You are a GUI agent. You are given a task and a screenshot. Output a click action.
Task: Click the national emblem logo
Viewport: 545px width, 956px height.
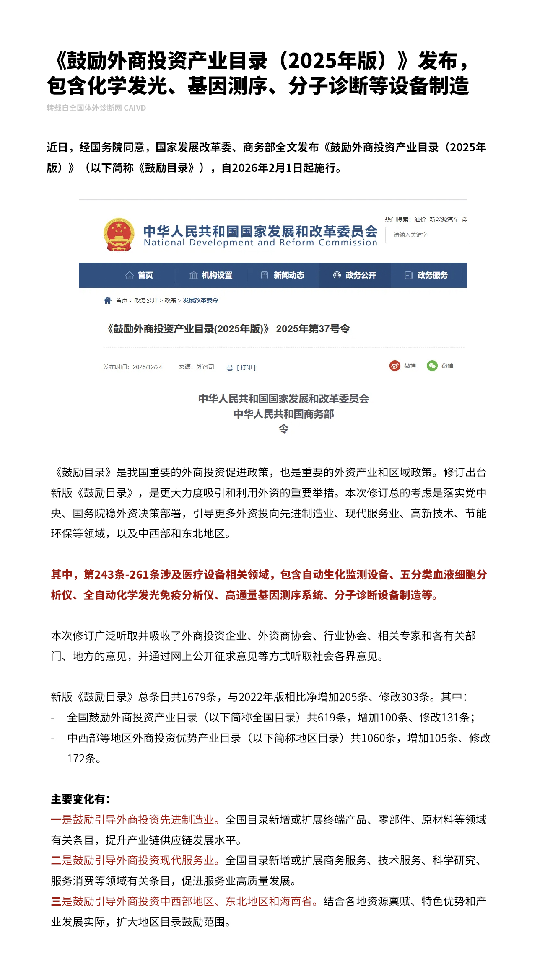click(x=119, y=234)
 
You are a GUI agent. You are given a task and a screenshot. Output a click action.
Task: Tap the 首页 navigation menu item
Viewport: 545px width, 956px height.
click(x=140, y=275)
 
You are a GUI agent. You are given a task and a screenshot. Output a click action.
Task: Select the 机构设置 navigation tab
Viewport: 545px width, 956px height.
click(x=211, y=275)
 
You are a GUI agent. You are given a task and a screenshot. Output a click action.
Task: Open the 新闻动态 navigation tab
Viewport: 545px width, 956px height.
click(x=283, y=275)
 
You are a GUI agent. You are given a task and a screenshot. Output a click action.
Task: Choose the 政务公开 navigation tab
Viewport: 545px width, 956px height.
click(x=355, y=275)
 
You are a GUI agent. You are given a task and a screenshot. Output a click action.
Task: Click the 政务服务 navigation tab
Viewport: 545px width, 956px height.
click(x=426, y=275)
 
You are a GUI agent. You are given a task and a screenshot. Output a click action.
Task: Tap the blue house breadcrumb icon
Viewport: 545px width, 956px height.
click(x=107, y=300)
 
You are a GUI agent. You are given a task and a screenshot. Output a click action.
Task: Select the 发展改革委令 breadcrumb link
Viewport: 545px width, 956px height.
click(x=200, y=300)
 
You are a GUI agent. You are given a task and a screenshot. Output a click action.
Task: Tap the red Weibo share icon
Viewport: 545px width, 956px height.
click(x=394, y=366)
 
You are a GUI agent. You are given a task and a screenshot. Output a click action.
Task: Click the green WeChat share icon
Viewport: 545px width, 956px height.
click(x=432, y=366)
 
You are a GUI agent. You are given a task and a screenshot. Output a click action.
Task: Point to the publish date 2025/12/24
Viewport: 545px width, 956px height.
click(x=147, y=367)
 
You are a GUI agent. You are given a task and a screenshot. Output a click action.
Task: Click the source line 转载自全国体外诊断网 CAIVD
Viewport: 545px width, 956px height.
click(x=96, y=108)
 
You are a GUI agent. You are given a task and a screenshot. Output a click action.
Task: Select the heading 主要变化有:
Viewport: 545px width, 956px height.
click(x=80, y=799)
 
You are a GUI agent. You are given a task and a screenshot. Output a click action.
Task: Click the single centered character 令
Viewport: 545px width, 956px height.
click(x=283, y=429)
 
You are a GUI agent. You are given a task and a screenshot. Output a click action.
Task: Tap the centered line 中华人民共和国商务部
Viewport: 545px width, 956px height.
click(x=283, y=414)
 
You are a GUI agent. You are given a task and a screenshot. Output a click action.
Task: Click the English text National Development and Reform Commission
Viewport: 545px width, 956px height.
click(x=260, y=243)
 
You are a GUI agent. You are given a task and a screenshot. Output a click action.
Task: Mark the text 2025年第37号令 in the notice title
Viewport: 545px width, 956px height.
click(x=313, y=329)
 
